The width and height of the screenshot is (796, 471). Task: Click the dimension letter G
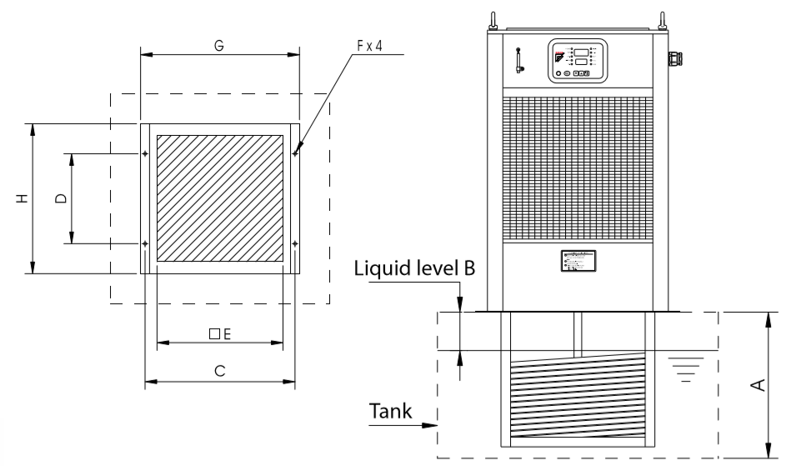point(219,47)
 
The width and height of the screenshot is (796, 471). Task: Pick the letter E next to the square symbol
point(226,333)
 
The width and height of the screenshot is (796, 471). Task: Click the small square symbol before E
point(214,333)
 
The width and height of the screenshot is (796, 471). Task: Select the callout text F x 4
point(369,47)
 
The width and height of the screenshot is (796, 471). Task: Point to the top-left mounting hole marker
point(145,153)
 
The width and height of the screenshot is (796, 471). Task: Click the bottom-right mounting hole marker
point(295,243)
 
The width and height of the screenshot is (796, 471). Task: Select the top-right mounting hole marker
point(295,153)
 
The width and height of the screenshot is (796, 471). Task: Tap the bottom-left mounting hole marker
point(145,243)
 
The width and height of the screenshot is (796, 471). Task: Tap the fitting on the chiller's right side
point(673,58)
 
